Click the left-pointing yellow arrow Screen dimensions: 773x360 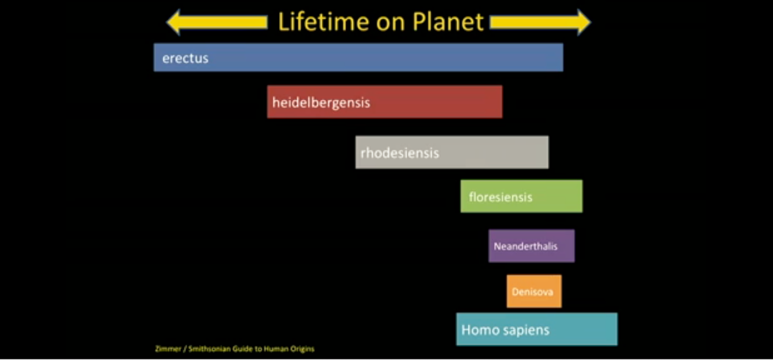(217, 22)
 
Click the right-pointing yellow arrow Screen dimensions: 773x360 (540, 23)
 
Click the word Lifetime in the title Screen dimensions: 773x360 (324, 22)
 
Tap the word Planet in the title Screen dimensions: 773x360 (448, 22)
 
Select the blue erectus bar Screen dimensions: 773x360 (358, 57)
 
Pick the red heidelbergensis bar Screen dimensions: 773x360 (385, 101)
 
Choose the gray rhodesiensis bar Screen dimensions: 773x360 (452, 152)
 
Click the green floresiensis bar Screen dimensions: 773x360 (521, 196)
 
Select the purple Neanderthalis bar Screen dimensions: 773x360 (532, 246)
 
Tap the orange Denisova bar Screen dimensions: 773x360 (534, 291)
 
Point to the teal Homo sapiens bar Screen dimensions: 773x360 (537, 329)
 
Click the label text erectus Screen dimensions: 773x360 (185, 58)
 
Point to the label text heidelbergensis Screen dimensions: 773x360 (321, 103)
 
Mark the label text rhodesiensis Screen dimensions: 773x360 (400, 153)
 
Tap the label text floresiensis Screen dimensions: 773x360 (500, 197)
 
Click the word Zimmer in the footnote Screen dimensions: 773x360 (168, 349)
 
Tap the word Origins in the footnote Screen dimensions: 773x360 (302, 349)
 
